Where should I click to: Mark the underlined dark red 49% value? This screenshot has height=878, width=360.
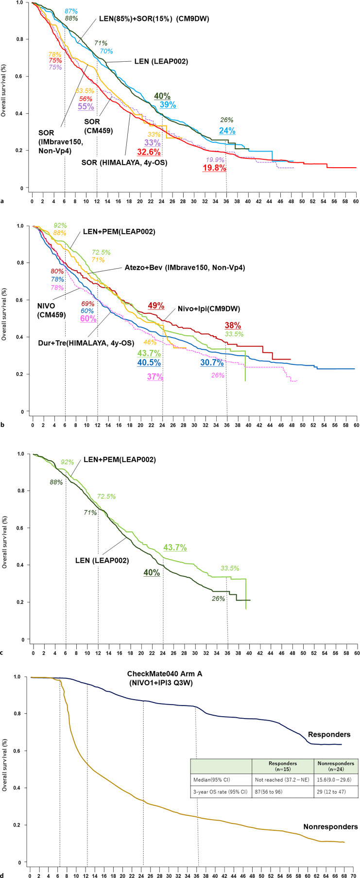156,306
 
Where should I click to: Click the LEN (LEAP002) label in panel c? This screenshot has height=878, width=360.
102,560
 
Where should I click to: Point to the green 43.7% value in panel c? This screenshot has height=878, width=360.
175,548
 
